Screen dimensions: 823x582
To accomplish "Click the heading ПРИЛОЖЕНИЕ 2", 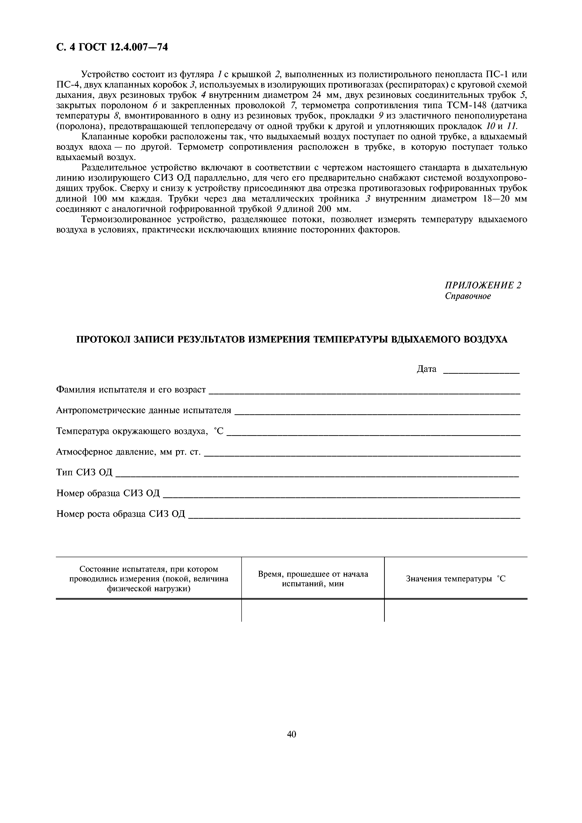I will (x=483, y=285).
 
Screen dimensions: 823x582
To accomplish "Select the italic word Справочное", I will (x=468, y=296).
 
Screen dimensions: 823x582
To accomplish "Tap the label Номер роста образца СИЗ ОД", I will (x=121, y=514).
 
